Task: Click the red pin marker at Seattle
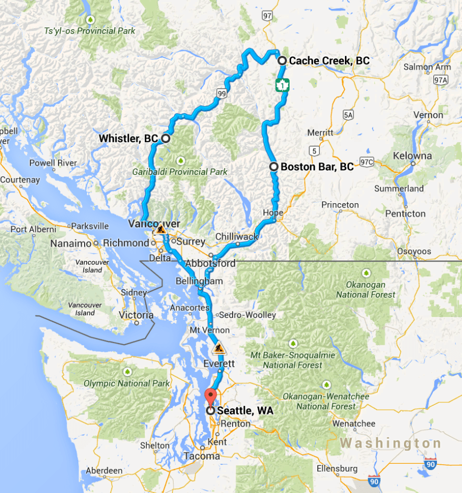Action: (211, 397)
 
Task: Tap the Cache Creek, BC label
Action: (328, 61)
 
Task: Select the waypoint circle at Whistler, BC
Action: (165, 138)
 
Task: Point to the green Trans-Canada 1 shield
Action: (282, 85)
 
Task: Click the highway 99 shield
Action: (222, 93)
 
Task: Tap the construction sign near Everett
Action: (219, 348)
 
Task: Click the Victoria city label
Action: (136, 315)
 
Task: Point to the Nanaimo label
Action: (70, 244)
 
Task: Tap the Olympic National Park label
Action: (127, 383)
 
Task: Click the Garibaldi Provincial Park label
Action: (180, 172)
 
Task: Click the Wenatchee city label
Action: (353, 424)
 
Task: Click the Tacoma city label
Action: (202, 456)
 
